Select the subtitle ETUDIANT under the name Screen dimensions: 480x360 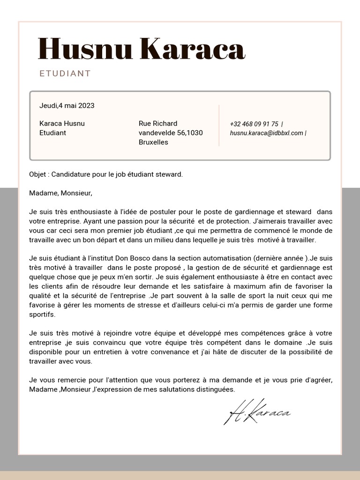65,74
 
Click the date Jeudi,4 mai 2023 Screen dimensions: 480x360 67,105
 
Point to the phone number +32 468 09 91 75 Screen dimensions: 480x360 254,124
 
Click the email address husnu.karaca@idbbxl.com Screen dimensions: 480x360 267,133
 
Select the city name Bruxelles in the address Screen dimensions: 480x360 153,142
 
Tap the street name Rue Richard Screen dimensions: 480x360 158,123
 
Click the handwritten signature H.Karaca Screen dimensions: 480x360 258,413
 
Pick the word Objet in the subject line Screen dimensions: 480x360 37,174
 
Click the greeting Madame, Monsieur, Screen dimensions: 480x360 61,193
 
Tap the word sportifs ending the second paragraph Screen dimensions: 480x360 42,315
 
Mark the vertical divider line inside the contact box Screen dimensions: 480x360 219,126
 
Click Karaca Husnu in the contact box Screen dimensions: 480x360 62,123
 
